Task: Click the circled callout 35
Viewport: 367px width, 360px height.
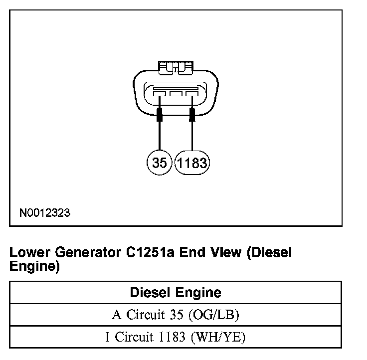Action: point(160,163)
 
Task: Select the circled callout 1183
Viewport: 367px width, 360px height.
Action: point(192,163)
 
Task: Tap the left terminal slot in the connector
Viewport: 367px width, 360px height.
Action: point(160,93)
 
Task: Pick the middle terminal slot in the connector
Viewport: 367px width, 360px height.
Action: point(176,93)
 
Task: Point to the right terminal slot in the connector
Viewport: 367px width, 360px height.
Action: point(192,93)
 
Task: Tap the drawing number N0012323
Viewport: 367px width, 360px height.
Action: point(45,213)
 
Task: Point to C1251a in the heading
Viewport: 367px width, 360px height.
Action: point(152,252)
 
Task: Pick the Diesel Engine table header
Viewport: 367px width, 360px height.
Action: point(176,292)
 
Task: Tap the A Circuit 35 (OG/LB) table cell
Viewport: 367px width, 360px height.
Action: point(176,315)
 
